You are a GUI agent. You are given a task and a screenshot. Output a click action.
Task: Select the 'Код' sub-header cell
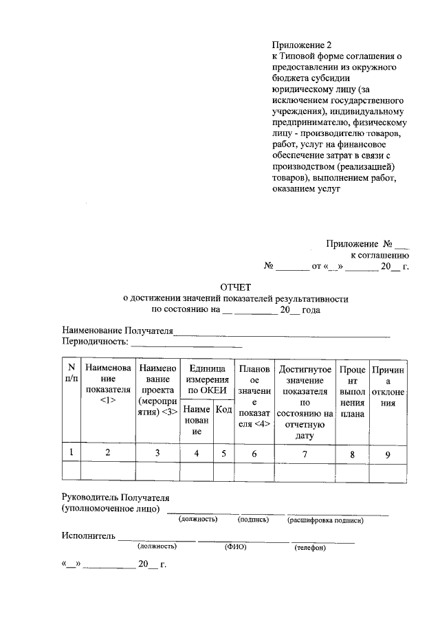click(x=223, y=410)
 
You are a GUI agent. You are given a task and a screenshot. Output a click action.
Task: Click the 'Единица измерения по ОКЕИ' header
click(x=206, y=379)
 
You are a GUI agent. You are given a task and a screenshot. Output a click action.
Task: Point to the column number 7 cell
click(x=306, y=452)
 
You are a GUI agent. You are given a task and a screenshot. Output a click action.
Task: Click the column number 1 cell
click(x=71, y=452)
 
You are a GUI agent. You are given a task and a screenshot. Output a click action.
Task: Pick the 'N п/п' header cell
click(x=71, y=373)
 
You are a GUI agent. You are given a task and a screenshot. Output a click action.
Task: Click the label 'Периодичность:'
click(x=95, y=342)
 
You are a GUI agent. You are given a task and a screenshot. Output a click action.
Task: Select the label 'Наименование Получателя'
click(x=117, y=331)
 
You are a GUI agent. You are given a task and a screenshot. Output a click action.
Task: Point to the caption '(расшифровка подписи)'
click(x=325, y=520)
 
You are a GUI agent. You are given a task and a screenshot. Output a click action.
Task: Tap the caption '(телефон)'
click(x=310, y=548)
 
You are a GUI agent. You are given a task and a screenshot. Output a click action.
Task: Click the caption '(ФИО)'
click(x=235, y=547)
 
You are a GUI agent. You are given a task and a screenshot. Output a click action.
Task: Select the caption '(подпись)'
click(x=252, y=520)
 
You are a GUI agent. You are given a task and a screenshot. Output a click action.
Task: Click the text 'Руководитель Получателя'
click(x=115, y=497)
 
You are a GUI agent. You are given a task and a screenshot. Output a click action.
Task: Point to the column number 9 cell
click(x=388, y=452)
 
